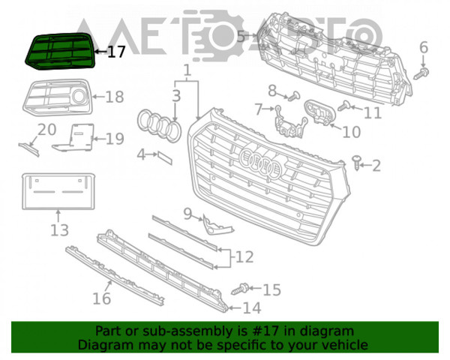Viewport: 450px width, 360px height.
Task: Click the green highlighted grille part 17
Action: [x=60, y=51]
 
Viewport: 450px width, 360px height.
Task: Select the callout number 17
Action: [x=116, y=52]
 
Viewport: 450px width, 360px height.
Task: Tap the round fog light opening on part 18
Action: [x=78, y=97]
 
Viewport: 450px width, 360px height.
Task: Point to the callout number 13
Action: [x=60, y=230]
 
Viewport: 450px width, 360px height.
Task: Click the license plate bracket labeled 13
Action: [x=58, y=191]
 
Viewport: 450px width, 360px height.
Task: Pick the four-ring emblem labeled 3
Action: [x=159, y=125]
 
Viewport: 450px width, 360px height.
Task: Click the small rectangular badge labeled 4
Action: [x=164, y=158]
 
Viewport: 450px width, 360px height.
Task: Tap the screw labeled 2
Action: [x=356, y=163]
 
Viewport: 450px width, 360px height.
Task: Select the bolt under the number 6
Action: [x=421, y=73]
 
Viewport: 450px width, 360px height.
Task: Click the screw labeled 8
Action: [x=294, y=96]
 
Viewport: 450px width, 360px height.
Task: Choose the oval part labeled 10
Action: [x=319, y=112]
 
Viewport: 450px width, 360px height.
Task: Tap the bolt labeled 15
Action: [x=240, y=289]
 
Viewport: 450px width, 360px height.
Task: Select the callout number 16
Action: [x=102, y=298]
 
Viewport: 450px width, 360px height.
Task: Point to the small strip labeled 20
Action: [x=29, y=149]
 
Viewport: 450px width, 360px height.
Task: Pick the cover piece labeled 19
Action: [x=74, y=138]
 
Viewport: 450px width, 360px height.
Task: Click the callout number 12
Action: [x=244, y=257]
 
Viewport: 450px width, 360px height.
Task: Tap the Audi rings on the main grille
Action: [x=261, y=163]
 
